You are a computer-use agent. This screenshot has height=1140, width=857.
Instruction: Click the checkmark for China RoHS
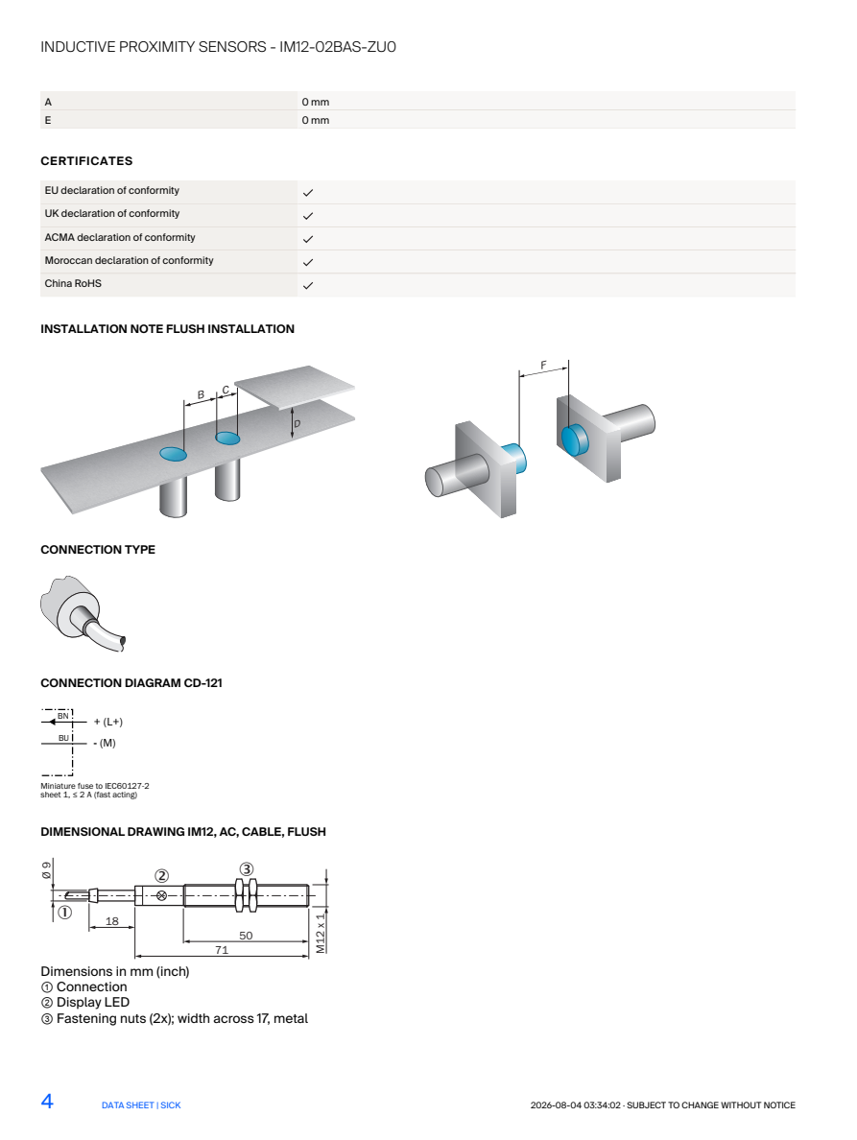point(307,286)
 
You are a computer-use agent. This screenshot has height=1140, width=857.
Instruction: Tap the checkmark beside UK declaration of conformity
point(307,216)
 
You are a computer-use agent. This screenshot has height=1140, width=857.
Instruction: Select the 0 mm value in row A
point(316,102)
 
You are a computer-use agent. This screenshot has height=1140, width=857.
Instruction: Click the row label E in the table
point(48,120)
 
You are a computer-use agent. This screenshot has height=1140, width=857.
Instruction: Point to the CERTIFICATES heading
point(86,160)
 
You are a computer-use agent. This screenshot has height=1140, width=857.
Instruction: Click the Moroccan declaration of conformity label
point(129,260)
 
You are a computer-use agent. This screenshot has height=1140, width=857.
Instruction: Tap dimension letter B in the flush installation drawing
point(202,394)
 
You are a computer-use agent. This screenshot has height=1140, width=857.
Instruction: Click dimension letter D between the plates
point(297,423)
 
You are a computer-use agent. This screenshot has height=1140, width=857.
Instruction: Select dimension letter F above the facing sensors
point(543,365)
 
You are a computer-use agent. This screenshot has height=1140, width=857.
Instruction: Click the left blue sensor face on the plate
point(173,455)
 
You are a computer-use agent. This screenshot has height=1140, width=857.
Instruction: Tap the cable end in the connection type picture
point(123,642)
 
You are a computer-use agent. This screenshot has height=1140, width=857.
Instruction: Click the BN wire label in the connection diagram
point(63,716)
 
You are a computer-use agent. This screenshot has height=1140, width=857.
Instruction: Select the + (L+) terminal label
point(108,722)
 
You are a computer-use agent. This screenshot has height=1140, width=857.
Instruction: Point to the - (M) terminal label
point(105,743)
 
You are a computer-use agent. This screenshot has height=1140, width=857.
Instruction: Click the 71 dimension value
point(222,949)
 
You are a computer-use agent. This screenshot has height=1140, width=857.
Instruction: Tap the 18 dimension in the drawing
point(112,921)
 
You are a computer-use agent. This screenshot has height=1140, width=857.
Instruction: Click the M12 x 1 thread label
point(321,933)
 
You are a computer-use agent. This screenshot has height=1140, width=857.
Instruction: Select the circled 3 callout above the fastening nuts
point(247,868)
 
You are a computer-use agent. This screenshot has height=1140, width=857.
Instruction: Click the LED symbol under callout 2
point(161,895)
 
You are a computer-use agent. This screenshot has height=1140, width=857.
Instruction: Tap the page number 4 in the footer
point(47,1102)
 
